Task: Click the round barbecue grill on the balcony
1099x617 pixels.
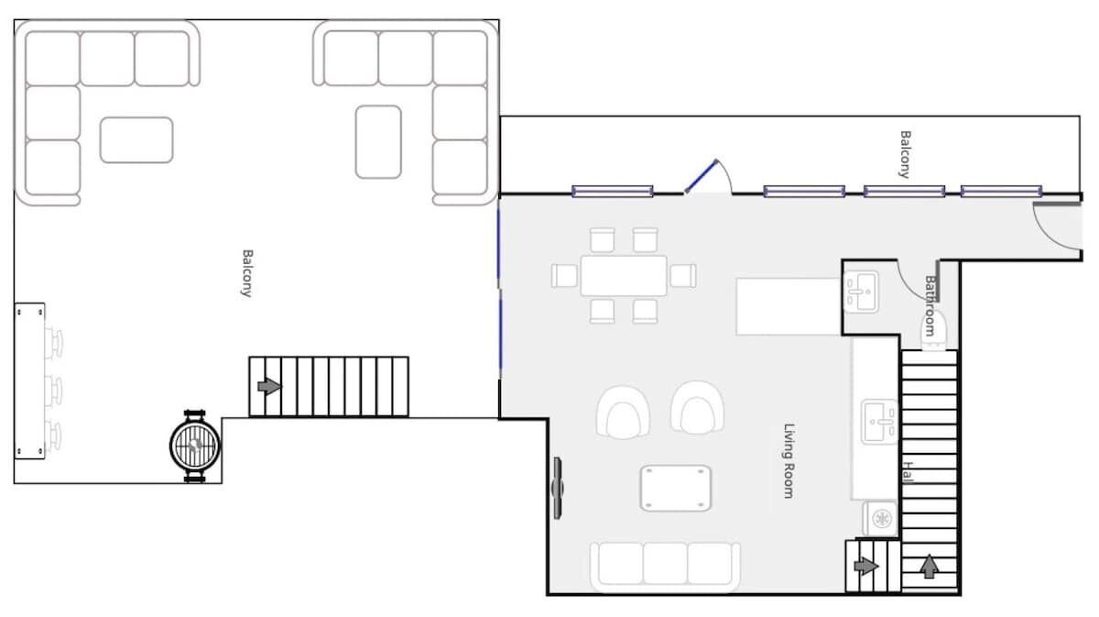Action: pyautogui.click(x=195, y=446)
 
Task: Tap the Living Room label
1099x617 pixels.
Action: pyautogui.click(x=789, y=461)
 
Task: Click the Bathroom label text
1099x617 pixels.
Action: pyautogui.click(x=930, y=305)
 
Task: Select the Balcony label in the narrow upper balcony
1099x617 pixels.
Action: pyautogui.click(x=905, y=154)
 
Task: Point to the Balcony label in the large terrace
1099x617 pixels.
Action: pyautogui.click(x=248, y=273)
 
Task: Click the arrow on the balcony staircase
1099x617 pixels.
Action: pyautogui.click(x=269, y=386)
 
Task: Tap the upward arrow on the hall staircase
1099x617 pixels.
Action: pyautogui.click(x=930, y=566)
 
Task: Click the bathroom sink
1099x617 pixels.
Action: pyautogui.click(x=861, y=292)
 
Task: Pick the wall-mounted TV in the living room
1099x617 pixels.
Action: pyautogui.click(x=558, y=489)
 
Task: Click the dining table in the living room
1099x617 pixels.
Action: pyautogui.click(x=624, y=276)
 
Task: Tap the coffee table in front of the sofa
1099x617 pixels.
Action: pyautogui.click(x=676, y=489)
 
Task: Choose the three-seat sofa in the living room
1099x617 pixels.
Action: pyautogui.click(x=665, y=567)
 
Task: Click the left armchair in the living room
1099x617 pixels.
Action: pyautogui.click(x=623, y=413)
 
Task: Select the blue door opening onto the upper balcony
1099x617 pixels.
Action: pyautogui.click(x=701, y=176)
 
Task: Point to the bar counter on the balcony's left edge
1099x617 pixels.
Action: pyautogui.click(x=30, y=381)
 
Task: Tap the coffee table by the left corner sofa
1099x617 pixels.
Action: pyautogui.click(x=136, y=140)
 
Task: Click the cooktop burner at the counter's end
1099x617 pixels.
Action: pyautogui.click(x=881, y=518)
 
